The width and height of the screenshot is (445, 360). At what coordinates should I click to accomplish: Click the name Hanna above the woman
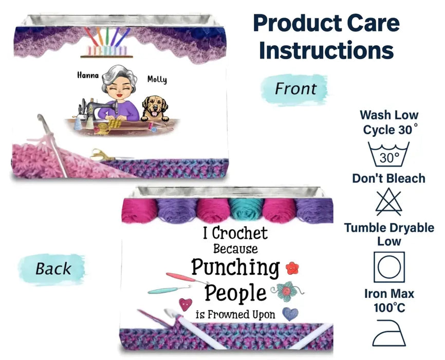(x=87, y=75)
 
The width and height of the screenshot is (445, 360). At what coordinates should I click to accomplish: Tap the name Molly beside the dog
(x=157, y=79)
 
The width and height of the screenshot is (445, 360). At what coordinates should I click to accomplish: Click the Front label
(x=295, y=89)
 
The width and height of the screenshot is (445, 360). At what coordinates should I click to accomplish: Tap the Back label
(x=53, y=268)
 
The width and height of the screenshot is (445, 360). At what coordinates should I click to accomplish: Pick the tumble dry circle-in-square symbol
(x=389, y=267)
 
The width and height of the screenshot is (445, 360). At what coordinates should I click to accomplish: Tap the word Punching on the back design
(x=235, y=267)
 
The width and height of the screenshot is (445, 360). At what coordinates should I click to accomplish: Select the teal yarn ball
(x=246, y=210)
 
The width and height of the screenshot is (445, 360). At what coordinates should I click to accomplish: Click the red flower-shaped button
(x=292, y=268)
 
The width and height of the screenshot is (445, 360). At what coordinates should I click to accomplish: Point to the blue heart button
(x=290, y=313)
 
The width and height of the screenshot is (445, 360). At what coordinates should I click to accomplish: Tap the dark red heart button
(x=186, y=304)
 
